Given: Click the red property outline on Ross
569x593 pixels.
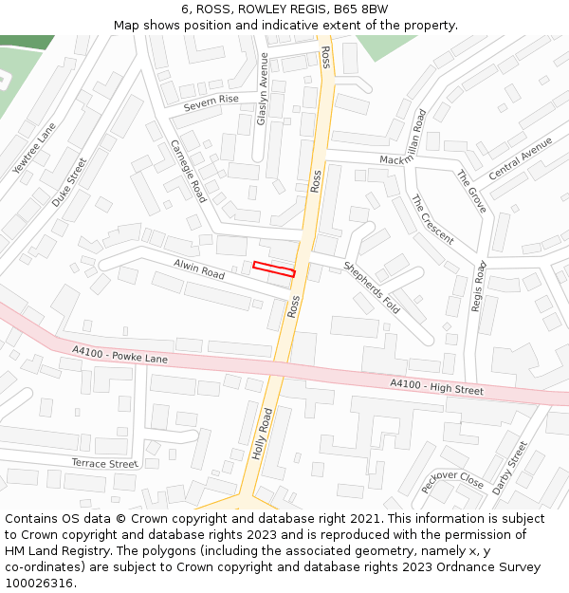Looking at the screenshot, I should [274, 269].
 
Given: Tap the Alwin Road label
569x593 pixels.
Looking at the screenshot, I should [198, 269].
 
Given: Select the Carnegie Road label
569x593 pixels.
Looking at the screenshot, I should [188, 171].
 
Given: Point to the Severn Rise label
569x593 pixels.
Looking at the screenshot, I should [211, 100].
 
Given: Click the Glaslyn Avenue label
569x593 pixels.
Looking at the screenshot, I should [263, 88].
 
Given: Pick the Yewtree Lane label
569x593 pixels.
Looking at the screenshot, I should [34, 148].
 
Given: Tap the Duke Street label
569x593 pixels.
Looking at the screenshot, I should [69, 183].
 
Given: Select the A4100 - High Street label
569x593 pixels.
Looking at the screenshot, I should [436, 386].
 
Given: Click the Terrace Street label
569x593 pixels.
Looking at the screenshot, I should [104, 464].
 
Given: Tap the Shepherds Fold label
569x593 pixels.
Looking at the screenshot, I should [372, 287].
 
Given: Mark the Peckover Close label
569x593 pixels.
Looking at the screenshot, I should [452, 481].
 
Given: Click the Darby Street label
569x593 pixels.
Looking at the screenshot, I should [510, 466].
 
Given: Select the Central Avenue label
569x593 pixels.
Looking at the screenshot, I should [520, 158].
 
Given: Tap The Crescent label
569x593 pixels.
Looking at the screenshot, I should [431, 219].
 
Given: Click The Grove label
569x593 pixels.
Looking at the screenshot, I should [470, 192].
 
